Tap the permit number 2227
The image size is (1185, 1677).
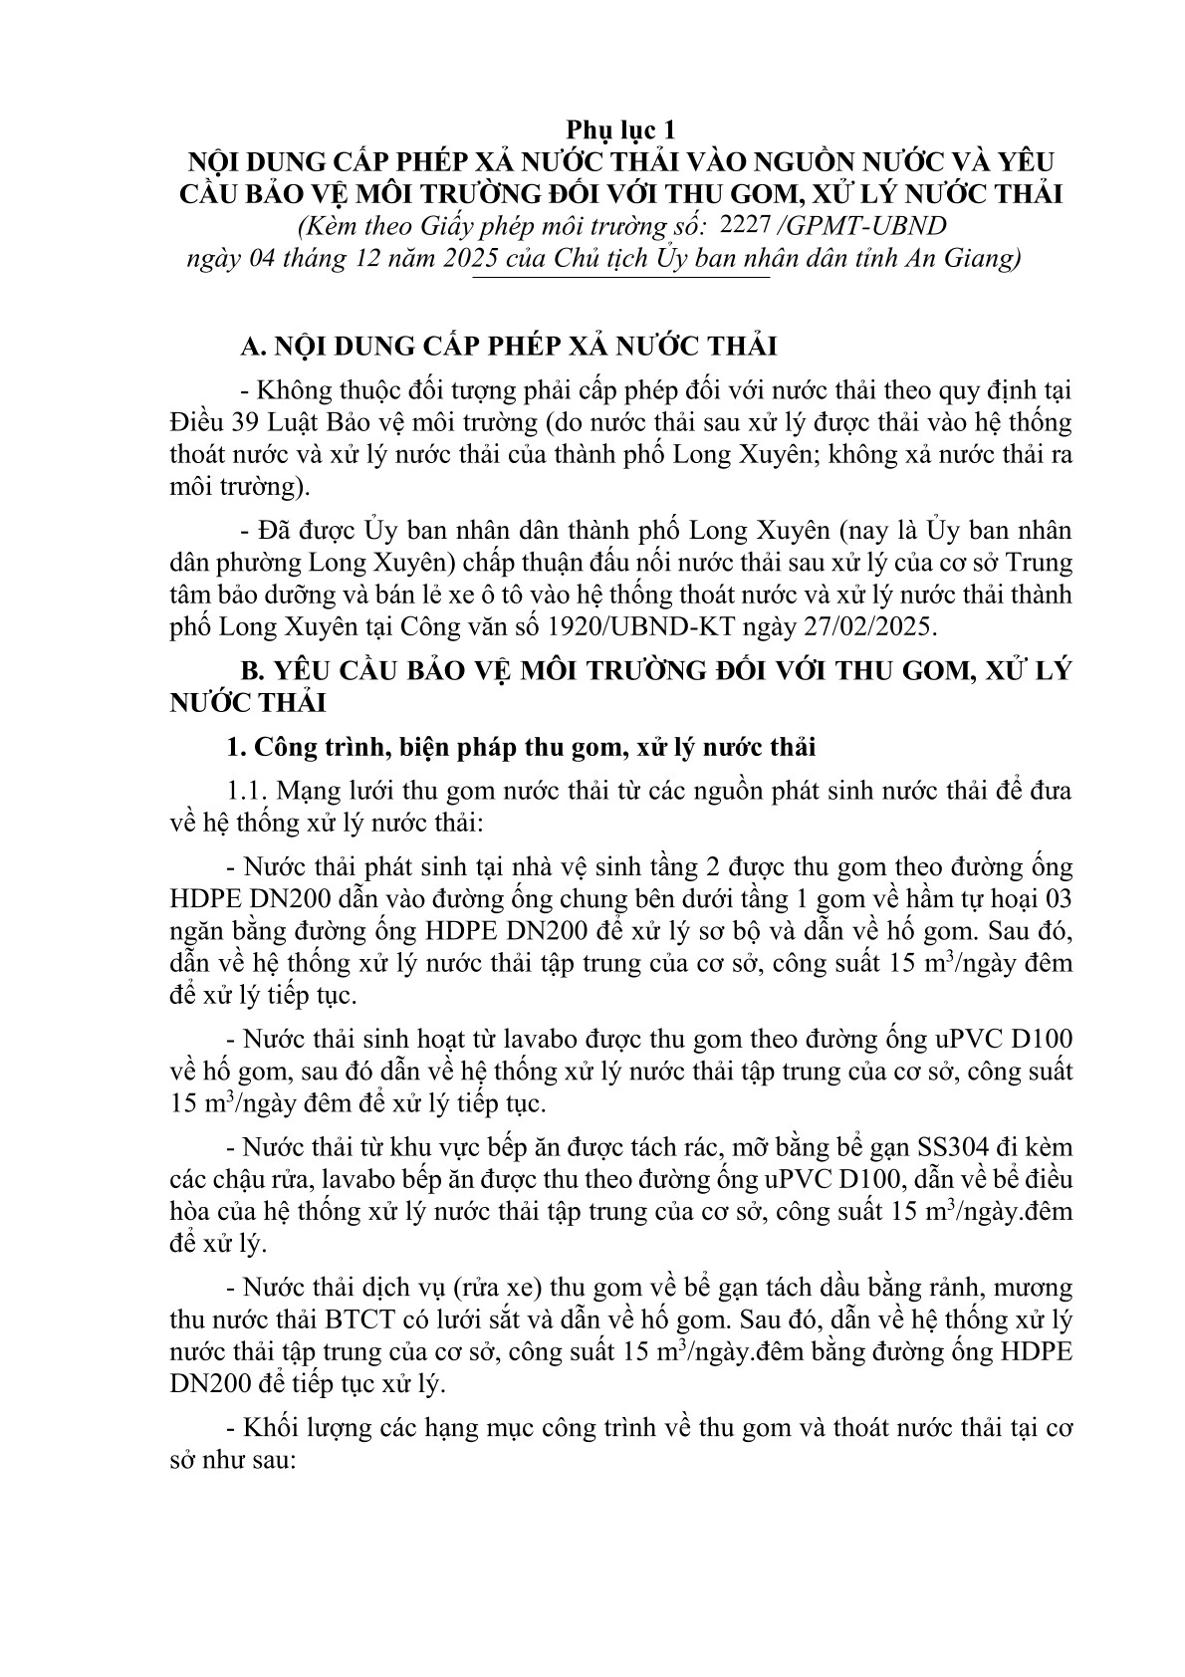[x=743, y=225]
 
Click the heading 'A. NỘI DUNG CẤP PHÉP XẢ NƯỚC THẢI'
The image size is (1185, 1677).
[x=509, y=347]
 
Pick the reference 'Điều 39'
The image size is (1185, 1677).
[x=207, y=421]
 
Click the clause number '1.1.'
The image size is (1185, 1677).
[x=248, y=791]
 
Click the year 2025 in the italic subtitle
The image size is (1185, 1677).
[x=525, y=259]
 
